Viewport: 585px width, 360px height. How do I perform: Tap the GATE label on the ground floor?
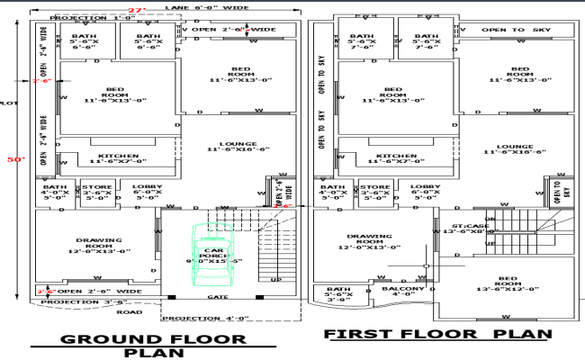[x=217, y=296]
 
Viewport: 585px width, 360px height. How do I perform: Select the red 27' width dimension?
[x=136, y=10]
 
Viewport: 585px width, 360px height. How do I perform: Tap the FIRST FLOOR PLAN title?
[x=437, y=334]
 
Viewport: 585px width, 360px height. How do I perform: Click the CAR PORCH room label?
[x=214, y=256]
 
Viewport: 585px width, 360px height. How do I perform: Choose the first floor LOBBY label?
[x=426, y=190]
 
